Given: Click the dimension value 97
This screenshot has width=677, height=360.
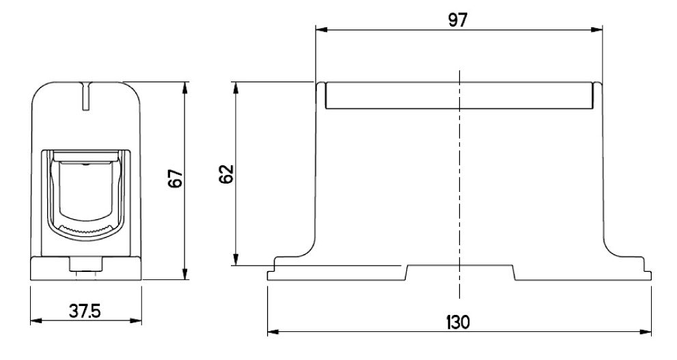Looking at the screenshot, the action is [x=458, y=20].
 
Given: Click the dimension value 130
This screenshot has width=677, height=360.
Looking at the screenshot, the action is [x=458, y=322].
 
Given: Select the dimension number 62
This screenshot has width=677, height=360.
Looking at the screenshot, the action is [x=226, y=174].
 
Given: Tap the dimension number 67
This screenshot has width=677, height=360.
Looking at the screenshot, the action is [x=176, y=178].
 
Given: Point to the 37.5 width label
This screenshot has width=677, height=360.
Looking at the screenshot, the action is [x=85, y=311].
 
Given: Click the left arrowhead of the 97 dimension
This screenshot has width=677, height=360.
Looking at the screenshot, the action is [x=321, y=30].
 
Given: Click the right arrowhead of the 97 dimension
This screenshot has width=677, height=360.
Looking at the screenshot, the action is [x=596, y=30].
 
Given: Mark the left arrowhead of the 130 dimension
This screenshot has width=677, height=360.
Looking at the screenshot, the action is [x=273, y=332].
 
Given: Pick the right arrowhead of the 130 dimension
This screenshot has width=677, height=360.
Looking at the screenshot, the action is [x=646, y=332].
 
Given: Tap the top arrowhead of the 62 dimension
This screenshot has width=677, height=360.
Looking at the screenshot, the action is [x=236, y=87].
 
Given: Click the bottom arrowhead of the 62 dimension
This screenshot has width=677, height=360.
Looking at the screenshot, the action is [x=236, y=260].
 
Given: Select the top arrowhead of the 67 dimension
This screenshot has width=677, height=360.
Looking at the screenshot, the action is [x=185, y=87].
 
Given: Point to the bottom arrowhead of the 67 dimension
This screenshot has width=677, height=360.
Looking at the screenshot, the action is [x=185, y=274].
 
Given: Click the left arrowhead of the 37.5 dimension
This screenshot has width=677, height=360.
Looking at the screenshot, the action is [x=36, y=320].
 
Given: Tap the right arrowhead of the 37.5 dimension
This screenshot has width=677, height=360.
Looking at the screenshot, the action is [x=135, y=320].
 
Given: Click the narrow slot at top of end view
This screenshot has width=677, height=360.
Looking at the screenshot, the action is [x=87, y=96].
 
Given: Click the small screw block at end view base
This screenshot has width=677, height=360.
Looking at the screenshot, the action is [x=86, y=264].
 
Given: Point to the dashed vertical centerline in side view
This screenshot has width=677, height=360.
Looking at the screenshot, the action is [x=459, y=184].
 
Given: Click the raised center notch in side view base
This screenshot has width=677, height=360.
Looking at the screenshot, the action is [x=460, y=273].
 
